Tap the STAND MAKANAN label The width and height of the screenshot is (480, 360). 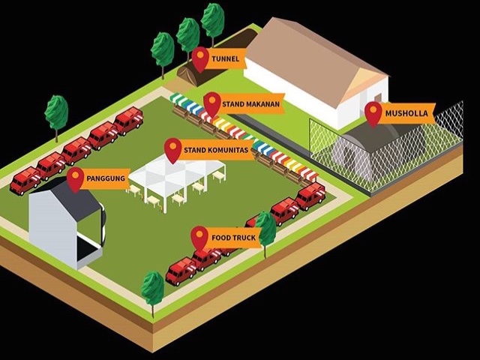[251, 103]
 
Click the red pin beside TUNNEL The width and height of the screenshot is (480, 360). [200, 58]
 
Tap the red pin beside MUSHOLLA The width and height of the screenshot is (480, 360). [373, 112]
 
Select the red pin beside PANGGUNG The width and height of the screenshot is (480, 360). [75, 178]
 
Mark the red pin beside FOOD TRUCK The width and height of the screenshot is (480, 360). [199, 237]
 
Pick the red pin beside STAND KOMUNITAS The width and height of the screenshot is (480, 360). [173, 148]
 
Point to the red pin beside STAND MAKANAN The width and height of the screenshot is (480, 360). [212, 103]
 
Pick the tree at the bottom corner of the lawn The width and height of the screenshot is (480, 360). [153, 289]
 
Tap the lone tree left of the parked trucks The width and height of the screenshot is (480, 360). [56, 114]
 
